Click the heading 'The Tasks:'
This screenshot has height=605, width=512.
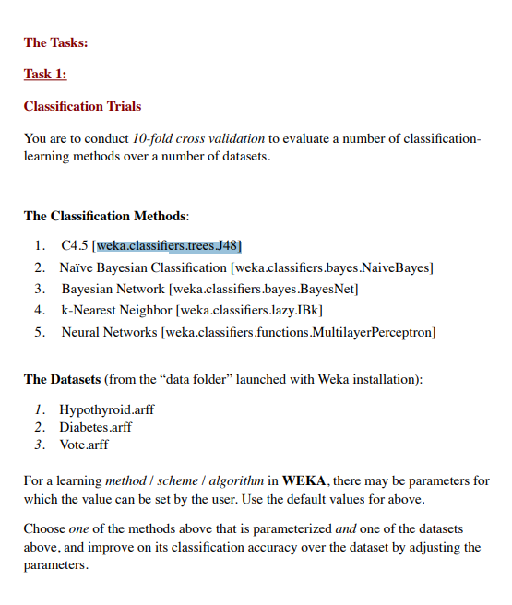pos(56,42)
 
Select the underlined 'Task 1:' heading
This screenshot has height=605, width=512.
pos(45,75)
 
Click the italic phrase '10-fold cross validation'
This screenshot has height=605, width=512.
pos(198,138)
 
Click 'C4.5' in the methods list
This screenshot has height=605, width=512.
pos(75,246)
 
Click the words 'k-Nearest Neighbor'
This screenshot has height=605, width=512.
pos(116,310)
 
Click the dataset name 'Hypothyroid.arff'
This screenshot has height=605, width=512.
pos(107,409)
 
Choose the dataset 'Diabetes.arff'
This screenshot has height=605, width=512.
pos(96,427)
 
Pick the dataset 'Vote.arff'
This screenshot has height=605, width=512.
pos(84,445)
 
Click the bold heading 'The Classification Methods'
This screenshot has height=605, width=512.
pos(105,216)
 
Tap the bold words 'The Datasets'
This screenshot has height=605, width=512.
pos(62,379)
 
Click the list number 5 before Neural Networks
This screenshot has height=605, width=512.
pos(40,331)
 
